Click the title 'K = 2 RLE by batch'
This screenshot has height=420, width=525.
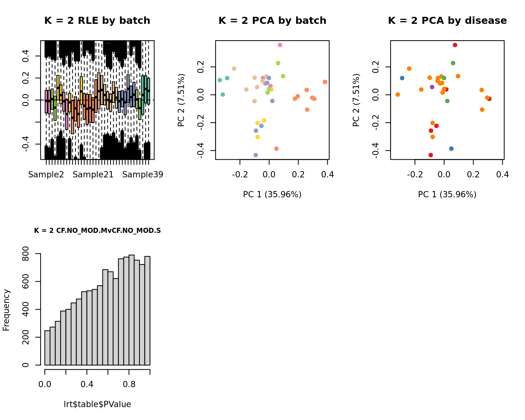tap(97, 21)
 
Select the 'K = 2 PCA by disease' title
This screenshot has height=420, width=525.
tap(447, 21)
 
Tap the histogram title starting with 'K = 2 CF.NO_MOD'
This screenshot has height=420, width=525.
tap(97, 231)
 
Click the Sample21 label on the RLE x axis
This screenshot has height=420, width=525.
tap(93, 175)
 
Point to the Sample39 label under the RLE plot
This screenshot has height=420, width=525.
tap(143, 175)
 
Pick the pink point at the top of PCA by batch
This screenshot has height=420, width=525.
tap(280, 45)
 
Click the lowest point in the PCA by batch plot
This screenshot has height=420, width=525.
tap(256, 155)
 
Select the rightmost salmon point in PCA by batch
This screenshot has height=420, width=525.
tap(325, 82)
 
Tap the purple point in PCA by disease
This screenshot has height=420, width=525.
tap(432, 87)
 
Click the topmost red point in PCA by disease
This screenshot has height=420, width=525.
tap(455, 45)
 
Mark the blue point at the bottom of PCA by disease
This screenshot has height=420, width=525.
tap(452, 148)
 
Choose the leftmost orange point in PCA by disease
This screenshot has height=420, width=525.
tap(398, 95)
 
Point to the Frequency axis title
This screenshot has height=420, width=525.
tap(6, 310)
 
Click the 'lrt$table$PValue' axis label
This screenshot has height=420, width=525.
tap(97, 404)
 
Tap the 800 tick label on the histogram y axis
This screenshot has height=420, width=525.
tap(26, 254)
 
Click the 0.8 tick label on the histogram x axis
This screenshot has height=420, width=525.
tap(129, 384)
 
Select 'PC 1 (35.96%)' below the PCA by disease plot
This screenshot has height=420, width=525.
tap(447, 195)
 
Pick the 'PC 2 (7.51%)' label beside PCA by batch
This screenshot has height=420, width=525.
tap(181, 100)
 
